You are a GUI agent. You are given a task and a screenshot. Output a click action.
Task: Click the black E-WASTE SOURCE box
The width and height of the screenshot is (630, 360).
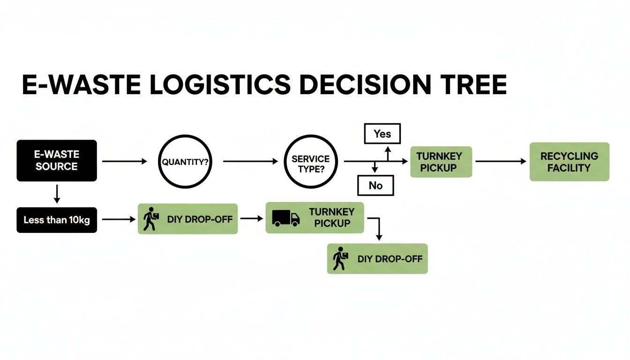click(57, 160)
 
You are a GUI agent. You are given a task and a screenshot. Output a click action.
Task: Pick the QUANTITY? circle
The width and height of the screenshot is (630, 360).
click(185, 162)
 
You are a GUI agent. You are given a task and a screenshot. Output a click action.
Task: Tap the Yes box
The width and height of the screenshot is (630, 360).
click(382, 134)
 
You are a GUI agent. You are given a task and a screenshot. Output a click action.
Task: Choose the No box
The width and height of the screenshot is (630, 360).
click(375, 185)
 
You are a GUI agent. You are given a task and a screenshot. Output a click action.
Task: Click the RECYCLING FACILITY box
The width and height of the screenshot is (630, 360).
click(569, 162)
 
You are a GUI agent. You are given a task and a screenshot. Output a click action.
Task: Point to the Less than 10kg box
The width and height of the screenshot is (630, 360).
click(57, 219)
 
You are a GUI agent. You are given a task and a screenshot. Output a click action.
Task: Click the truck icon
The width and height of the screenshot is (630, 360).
click(285, 218)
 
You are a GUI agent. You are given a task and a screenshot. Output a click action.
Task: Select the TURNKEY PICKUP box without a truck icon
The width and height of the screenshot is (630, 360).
click(441, 162)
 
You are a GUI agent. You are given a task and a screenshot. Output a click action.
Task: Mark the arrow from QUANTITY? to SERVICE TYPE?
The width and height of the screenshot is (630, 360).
click(250, 162)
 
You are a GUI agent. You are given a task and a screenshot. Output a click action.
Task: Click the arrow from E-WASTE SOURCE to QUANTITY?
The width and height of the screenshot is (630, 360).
click(124, 162)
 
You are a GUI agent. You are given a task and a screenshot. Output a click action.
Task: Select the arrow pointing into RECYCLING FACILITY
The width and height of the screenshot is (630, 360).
click(501, 162)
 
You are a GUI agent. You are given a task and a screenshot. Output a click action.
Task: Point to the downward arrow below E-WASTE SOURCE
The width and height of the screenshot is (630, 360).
click(57, 194)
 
